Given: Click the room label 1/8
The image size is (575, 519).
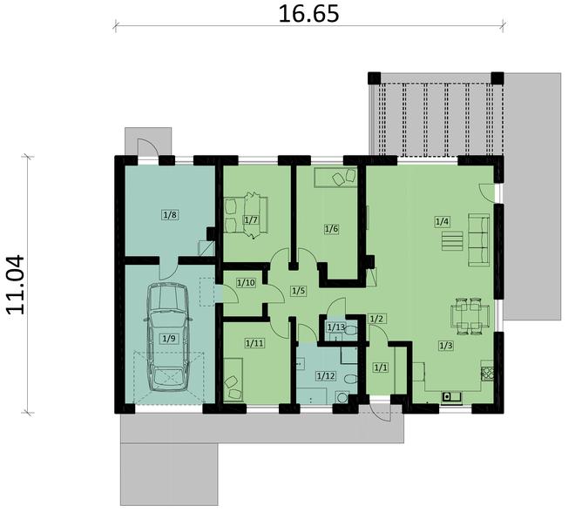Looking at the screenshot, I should (x=170, y=212).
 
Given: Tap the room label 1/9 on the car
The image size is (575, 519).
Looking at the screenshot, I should (x=170, y=338).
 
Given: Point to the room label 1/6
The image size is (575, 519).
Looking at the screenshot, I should (x=331, y=229).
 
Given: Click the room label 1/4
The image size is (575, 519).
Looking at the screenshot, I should (x=443, y=222).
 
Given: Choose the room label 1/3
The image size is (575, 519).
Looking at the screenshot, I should (x=445, y=346).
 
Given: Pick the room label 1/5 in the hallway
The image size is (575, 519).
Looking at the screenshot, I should (x=299, y=290).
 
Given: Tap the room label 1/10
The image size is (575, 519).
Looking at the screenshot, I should (x=247, y=282).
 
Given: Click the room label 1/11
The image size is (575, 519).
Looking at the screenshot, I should (x=254, y=343).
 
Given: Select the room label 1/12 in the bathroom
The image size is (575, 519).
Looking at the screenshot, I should (x=325, y=375).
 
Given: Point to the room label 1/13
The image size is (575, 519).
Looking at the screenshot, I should (x=335, y=327).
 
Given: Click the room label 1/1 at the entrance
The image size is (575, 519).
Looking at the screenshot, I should (x=380, y=368).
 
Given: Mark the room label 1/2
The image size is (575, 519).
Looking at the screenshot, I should (x=376, y=319).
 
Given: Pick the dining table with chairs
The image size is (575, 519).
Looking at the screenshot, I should (x=468, y=315).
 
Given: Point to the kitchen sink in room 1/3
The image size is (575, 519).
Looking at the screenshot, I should (x=451, y=397).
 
